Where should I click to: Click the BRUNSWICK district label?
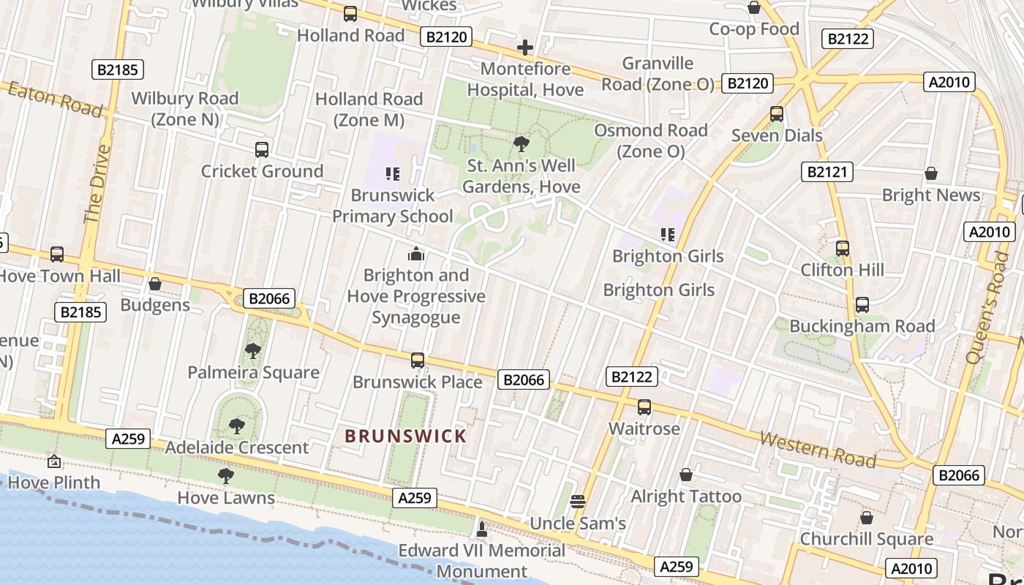pos(405,437)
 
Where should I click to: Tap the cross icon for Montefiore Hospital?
pos(524,48)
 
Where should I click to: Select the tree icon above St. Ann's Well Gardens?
pos(522,143)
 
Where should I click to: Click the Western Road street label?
pos(817,449)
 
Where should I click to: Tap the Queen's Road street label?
pos(987,307)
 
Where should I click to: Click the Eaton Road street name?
pos(55,99)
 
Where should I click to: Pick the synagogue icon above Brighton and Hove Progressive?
pos(416,254)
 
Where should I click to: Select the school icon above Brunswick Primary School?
pos(393,174)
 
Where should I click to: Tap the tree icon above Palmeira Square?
pos(253,351)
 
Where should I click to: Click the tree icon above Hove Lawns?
pos(226,476)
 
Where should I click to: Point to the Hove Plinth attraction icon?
pos(54,461)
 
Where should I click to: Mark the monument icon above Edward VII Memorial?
pos(481,528)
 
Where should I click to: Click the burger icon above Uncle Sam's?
pos(578,502)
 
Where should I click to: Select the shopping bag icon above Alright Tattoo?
pos(686,475)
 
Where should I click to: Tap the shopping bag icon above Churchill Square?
pos(867,518)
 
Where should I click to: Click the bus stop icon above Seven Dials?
pos(777,114)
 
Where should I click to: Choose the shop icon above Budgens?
pos(155,284)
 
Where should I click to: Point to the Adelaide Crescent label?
pos(237,448)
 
